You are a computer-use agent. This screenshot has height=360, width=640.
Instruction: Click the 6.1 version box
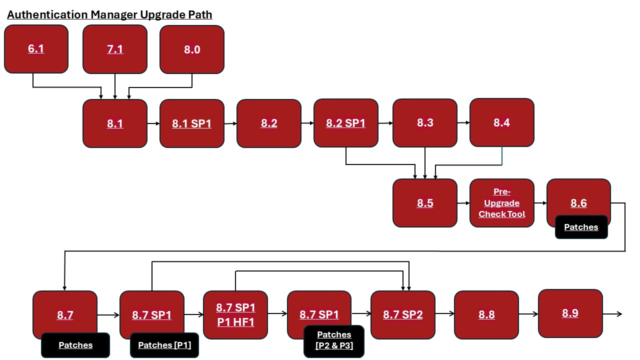coord(36,49)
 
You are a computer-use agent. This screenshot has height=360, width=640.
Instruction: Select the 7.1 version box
coord(115,49)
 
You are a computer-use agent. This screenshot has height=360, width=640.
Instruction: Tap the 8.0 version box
coord(192,49)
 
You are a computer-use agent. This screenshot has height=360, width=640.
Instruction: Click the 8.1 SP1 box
coord(192,123)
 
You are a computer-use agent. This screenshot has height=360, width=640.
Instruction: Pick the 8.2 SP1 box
coord(346,123)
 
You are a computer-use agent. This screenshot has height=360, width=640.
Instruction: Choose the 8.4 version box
coord(501,122)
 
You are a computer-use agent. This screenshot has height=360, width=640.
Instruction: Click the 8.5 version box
coord(425,203)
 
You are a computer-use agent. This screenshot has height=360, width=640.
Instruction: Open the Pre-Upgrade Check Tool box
coord(502,203)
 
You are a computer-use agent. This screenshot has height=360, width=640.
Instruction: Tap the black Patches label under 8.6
coord(581,227)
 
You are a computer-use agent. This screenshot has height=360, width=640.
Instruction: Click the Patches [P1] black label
coord(164,345)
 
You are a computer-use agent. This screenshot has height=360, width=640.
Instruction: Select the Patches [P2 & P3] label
coord(334,339)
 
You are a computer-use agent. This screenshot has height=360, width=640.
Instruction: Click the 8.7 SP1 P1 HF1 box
coord(235,315)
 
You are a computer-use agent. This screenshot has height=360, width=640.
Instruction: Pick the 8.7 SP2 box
coord(403,315)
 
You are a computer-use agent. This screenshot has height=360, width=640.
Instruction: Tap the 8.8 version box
coord(486,314)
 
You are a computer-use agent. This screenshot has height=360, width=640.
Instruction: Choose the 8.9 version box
coord(570,313)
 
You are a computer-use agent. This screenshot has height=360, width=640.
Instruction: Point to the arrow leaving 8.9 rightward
coord(612,314)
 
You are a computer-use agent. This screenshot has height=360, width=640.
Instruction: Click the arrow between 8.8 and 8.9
coord(528,314)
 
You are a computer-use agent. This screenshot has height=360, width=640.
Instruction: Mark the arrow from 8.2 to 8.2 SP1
coord(307,123)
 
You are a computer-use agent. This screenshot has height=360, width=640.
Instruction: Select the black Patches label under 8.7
coord(75,345)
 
